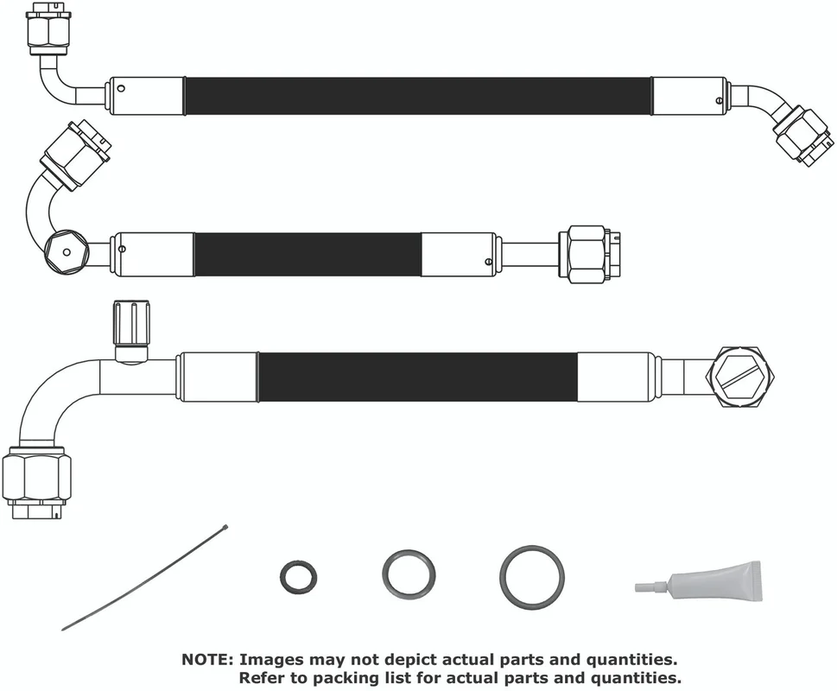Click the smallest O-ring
(x=282, y=577)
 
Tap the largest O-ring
(x=504, y=577)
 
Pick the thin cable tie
(x=144, y=578)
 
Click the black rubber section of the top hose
(x=418, y=96)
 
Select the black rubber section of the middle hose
(x=308, y=254)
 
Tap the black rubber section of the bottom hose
(x=418, y=377)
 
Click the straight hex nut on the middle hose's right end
(x=587, y=255)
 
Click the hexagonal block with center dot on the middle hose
(x=66, y=252)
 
